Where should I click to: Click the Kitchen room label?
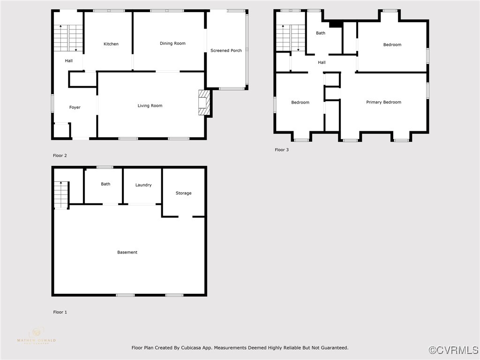coord(111,44)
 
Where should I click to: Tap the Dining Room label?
coord(172,44)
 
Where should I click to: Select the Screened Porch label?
coord(226,51)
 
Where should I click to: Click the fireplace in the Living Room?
coord(204,103)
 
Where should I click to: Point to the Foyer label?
coord(75,107)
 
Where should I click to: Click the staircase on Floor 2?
coord(68,38)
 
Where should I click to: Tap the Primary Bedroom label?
coord(383,102)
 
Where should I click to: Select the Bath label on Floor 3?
coord(321,33)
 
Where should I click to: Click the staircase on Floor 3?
coord(290,38)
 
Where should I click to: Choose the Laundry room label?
coord(143,185)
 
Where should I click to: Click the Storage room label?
coord(183,193)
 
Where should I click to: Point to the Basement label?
coord(127,252)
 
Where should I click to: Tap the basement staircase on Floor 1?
coord(61,195)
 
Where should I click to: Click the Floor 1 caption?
coord(60,312)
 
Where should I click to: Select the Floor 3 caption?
coord(282,150)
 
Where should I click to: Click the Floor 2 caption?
coord(60,156)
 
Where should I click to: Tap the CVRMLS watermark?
coord(454,350)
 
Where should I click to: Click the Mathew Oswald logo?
coord(36,337)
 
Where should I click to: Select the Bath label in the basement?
coord(105,184)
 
